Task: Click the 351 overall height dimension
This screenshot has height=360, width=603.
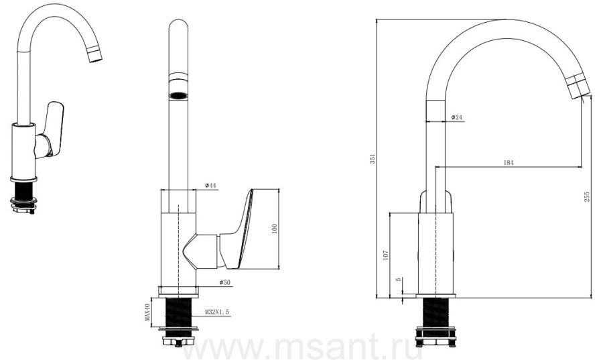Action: pos(373,158)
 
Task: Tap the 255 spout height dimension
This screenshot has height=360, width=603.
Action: pos(587,197)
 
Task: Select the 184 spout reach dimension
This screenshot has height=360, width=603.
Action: pos(509,162)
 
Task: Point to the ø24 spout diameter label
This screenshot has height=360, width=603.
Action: pos(456,117)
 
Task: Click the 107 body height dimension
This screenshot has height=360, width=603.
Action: pos(386,255)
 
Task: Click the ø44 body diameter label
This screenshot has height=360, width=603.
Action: pos(211,186)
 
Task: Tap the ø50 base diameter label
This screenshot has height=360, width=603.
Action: pos(224,282)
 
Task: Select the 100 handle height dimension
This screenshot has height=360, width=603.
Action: pos(274,229)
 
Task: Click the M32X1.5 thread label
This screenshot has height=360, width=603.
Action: pos(217,312)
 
